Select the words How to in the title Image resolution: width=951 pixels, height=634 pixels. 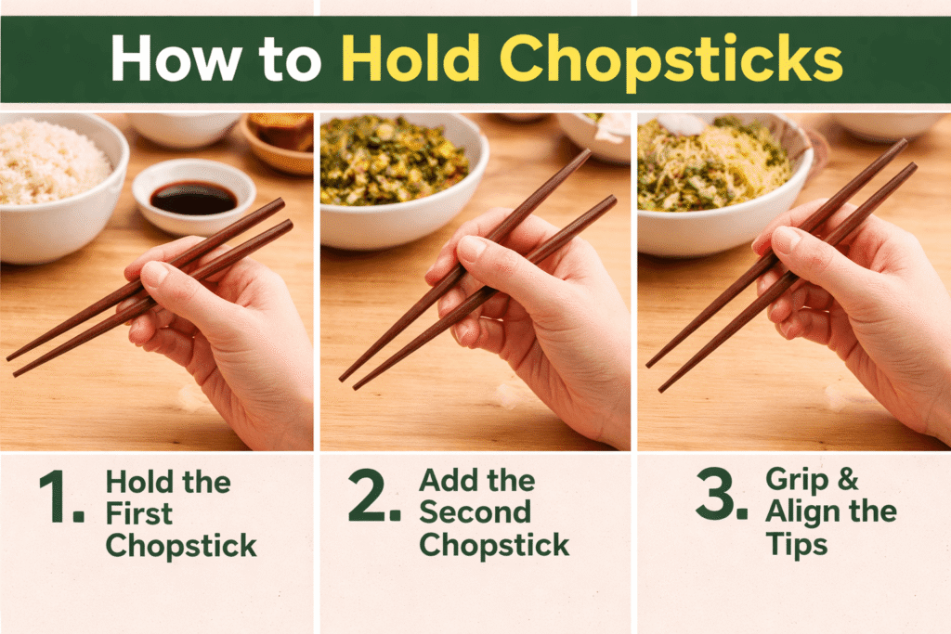pos(216,60)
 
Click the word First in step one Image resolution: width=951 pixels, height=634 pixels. pos(139,514)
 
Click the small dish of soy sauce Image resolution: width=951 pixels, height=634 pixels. pos(193,196)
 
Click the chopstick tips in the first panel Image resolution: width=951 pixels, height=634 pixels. pos(13,363)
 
